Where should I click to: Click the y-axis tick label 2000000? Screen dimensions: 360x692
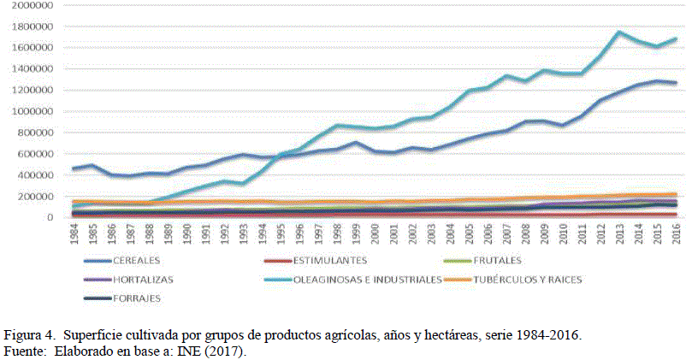point(31,5)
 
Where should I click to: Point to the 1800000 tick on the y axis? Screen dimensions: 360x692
point(31,27)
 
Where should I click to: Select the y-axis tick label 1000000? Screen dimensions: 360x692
point(31,111)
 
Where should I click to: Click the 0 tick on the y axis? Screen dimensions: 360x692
point(50,218)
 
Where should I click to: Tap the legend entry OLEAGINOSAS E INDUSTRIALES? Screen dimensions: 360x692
point(367,280)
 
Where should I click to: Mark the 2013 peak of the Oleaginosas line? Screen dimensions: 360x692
point(618,32)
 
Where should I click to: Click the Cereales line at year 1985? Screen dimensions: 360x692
point(92,165)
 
